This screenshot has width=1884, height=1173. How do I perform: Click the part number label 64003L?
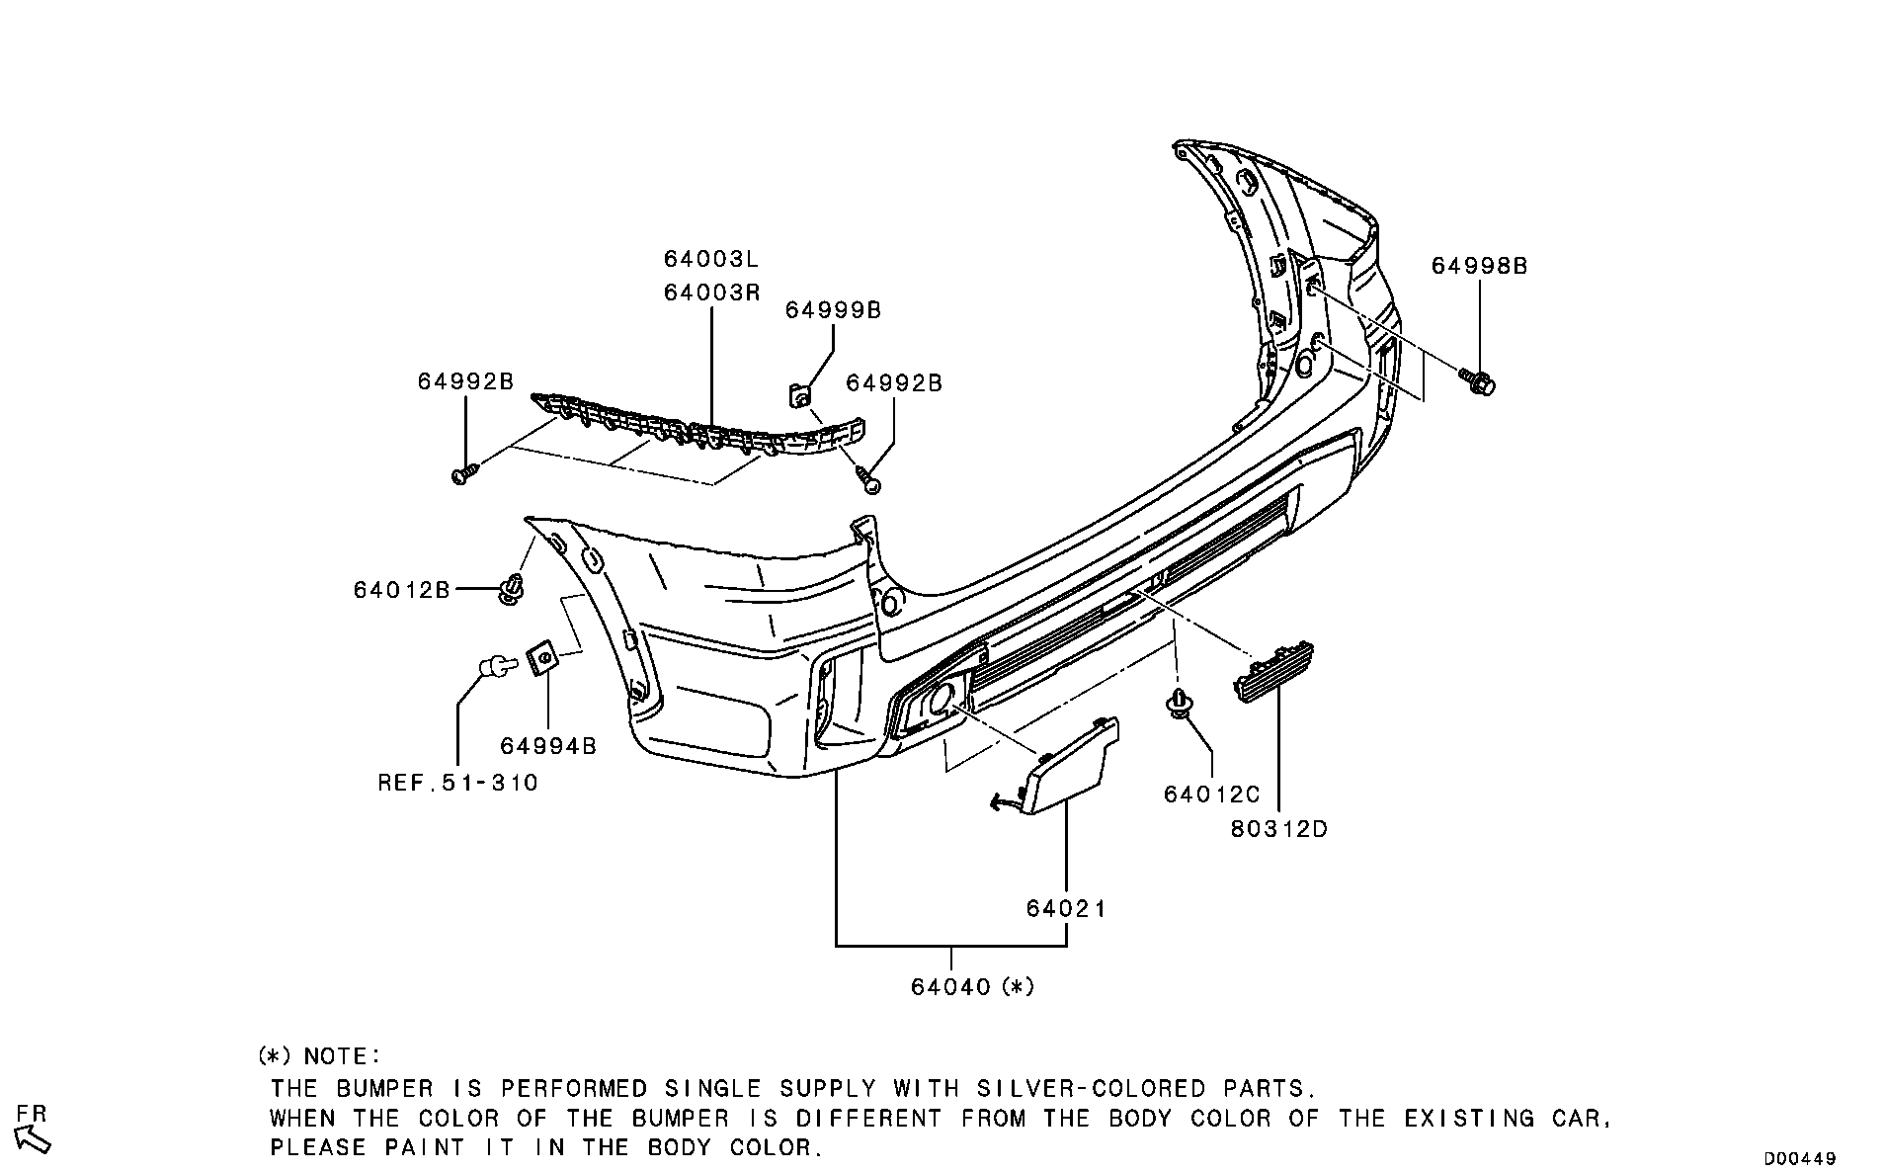tap(710, 259)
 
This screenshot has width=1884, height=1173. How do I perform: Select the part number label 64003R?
tap(710, 293)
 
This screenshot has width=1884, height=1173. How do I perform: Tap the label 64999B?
tap(833, 310)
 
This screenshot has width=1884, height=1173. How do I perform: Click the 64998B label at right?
tap(1479, 266)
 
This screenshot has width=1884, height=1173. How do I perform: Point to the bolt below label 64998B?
tap(1479, 380)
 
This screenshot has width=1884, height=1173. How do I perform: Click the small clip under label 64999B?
tap(800, 396)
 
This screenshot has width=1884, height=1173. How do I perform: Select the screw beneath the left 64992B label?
tap(463, 475)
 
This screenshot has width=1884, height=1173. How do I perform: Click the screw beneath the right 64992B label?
tap(869, 481)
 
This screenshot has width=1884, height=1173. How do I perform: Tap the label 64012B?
tap(401, 590)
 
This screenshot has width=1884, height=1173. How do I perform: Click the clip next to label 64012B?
tap(512, 590)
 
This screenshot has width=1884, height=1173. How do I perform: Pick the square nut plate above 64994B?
tap(540, 657)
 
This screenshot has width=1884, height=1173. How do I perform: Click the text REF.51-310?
tap(458, 784)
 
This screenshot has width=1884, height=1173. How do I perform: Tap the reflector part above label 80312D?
tap(1273, 670)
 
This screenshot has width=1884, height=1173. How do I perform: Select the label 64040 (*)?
tap(972, 986)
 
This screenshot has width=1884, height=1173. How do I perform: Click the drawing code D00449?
tap(1800, 1158)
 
